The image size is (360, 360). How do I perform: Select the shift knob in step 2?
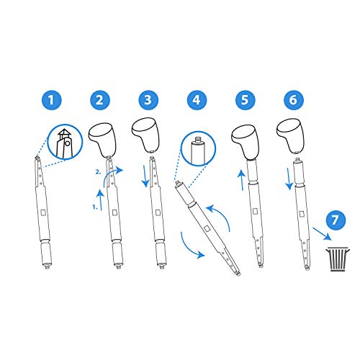point(102,135)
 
